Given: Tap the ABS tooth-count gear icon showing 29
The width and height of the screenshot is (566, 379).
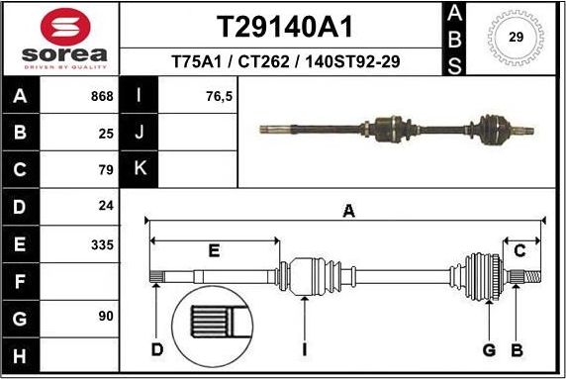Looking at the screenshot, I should pyautogui.click(x=516, y=38).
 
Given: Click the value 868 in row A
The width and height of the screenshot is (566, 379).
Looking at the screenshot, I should pyautogui.click(x=102, y=97).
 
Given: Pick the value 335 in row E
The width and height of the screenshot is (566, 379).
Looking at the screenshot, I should pyautogui.click(x=102, y=244).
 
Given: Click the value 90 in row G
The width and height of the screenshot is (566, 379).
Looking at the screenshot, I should pyautogui.click(x=107, y=316).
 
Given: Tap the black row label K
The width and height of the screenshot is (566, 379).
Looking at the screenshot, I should pyautogui.click(x=140, y=169).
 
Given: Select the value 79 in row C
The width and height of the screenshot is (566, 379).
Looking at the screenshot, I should pyautogui.click(x=107, y=169).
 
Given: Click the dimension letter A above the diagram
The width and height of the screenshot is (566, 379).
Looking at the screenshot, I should pyautogui.click(x=347, y=210).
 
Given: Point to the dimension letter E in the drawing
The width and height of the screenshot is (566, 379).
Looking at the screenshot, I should pyautogui.click(x=214, y=251).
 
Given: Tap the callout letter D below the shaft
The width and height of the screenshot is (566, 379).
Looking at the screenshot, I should pyautogui.click(x=156, y=348).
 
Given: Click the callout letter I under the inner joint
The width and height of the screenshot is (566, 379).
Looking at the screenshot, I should pyautogui.click(x=306, y=348).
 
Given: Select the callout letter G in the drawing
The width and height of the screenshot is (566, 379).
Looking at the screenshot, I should pyautogui.click(x=489, y=348).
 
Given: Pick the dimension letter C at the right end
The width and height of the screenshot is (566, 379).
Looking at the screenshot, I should pyautogui.click(x=519, y=251).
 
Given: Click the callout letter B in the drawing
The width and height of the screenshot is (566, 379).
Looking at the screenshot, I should pyautogui.click(x=516, y=348).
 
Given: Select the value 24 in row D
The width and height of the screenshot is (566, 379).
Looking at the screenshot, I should pyautogui.click(x=107, y=206).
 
